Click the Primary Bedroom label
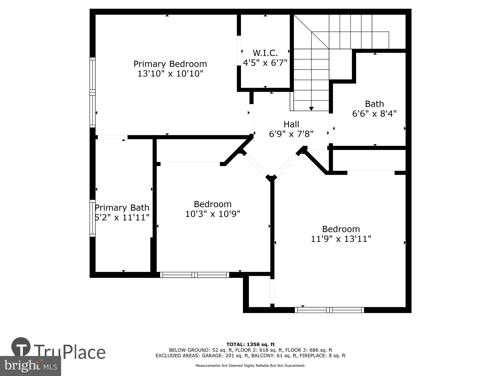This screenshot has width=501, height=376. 170,64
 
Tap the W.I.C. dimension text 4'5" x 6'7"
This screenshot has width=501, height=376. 265,63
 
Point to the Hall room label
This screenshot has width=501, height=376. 291,124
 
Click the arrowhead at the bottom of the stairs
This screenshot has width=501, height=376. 311,109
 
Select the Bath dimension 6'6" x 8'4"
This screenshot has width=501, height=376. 374,114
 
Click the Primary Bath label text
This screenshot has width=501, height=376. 122,208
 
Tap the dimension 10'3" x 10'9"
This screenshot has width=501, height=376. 213,214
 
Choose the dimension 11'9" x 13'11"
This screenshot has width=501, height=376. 341,239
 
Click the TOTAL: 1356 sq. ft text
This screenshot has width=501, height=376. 250,344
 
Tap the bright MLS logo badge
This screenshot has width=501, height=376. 31,366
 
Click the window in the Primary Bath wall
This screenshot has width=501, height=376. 93,218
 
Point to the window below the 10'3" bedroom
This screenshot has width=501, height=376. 195,275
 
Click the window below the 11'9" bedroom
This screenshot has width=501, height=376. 329,310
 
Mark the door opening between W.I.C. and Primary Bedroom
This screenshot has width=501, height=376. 239,51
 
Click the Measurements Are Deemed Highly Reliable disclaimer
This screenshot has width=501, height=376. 250,366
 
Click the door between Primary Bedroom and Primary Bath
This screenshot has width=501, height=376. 112,137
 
